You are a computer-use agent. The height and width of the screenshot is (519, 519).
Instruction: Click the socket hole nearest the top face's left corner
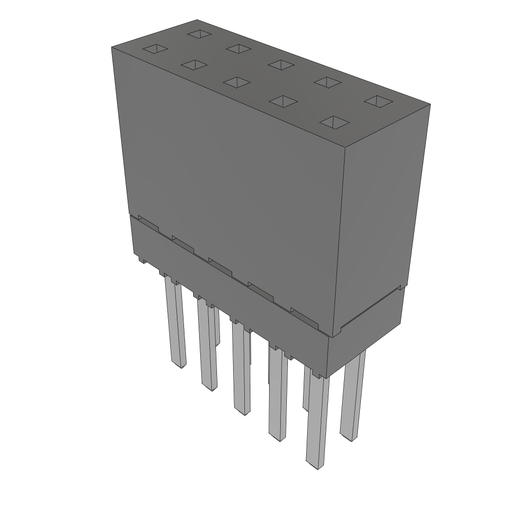[x=155, y=49]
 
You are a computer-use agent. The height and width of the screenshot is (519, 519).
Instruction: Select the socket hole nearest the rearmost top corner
[x=200, y=34]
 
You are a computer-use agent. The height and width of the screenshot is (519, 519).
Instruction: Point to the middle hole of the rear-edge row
[x=282, y=64]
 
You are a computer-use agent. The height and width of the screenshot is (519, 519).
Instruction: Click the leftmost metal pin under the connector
[x=175, y=324]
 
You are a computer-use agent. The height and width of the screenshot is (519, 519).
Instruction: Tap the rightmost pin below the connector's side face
[x=353, y=395]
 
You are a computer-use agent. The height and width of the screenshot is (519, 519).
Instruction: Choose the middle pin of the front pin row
[x=242, y=370]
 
